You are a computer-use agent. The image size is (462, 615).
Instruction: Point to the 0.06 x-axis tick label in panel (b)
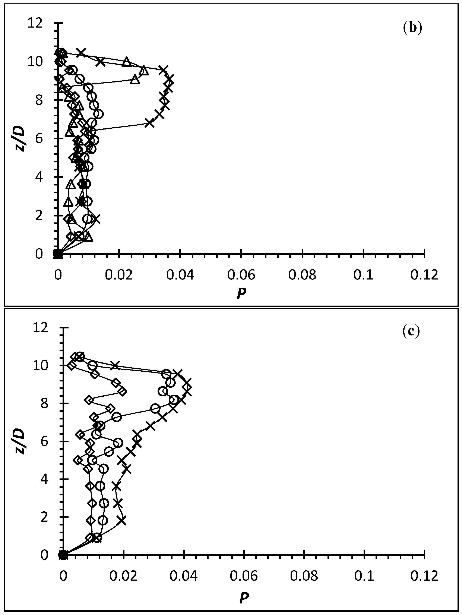click(x=241, y=275)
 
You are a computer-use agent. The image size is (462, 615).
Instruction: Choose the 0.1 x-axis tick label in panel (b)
click(x=363, y=275)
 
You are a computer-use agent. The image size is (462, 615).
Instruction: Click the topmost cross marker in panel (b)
click(x=81, y=53)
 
